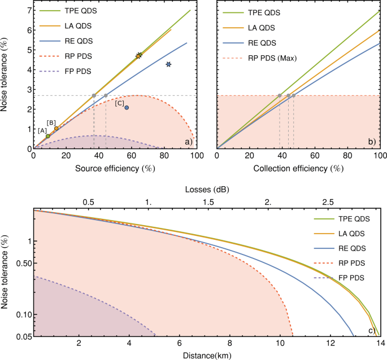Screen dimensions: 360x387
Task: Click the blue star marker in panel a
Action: [x=168, y=65]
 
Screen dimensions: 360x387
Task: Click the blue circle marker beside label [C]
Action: [x=127, y=107]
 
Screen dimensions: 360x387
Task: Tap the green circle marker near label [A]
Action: [x=48, y=136]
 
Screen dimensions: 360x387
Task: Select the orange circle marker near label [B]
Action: [x=56, y=129]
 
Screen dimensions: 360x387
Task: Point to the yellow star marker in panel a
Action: [x=139, y=55]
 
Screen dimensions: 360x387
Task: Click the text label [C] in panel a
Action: [x=119, y=103]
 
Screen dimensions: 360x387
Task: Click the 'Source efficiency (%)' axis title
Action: [x=113, y=169]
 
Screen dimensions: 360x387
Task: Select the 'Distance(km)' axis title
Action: [x=206, y=355]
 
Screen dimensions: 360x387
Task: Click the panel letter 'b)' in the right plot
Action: [x=373, y=142]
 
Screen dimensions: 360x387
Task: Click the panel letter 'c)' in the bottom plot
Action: [x=372, y=331]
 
